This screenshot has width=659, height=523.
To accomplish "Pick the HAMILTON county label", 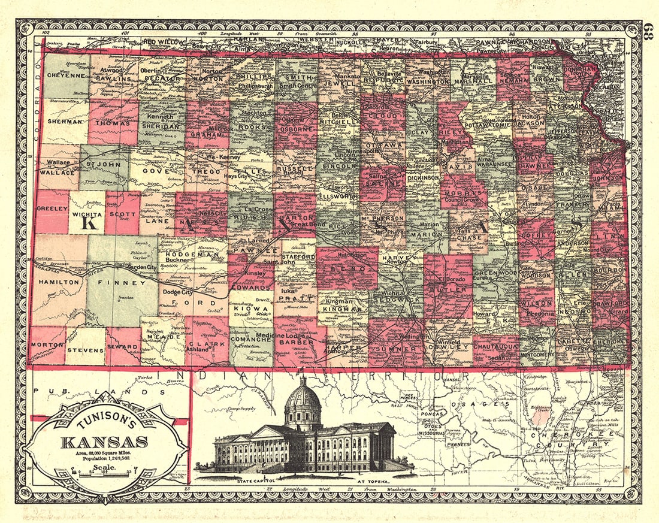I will pyautogui.click(x=59, y=281).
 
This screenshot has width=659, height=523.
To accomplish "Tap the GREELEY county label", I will pyautogui.click(x=51, y=210).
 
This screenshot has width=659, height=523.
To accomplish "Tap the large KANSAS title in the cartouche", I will pyautogui.click(x=103, y=442).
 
